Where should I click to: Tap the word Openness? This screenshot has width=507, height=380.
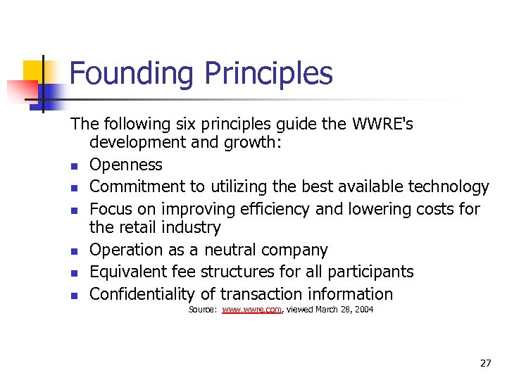point(126,165)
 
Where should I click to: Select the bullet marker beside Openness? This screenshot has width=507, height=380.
point(73,166)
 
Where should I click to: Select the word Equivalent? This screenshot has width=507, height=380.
point(133,272)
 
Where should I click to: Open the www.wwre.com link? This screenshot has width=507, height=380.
point(251,310)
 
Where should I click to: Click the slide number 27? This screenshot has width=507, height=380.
point(485,363)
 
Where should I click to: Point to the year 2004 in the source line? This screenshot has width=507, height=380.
point(363,310)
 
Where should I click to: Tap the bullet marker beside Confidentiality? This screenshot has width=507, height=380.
point(73,296)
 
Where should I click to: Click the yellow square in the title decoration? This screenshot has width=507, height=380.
point(33,70)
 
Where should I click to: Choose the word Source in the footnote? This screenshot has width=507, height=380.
point(202,310)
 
